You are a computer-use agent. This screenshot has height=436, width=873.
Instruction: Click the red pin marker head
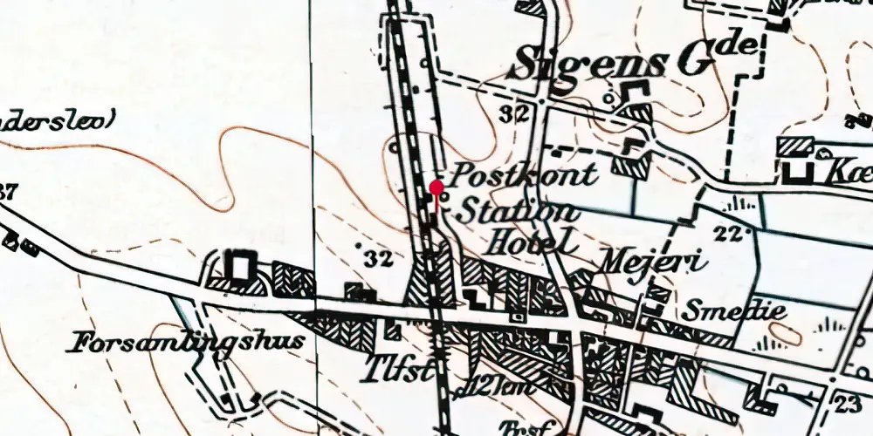[436, 187]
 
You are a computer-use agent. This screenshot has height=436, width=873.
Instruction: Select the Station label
[518, 211]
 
